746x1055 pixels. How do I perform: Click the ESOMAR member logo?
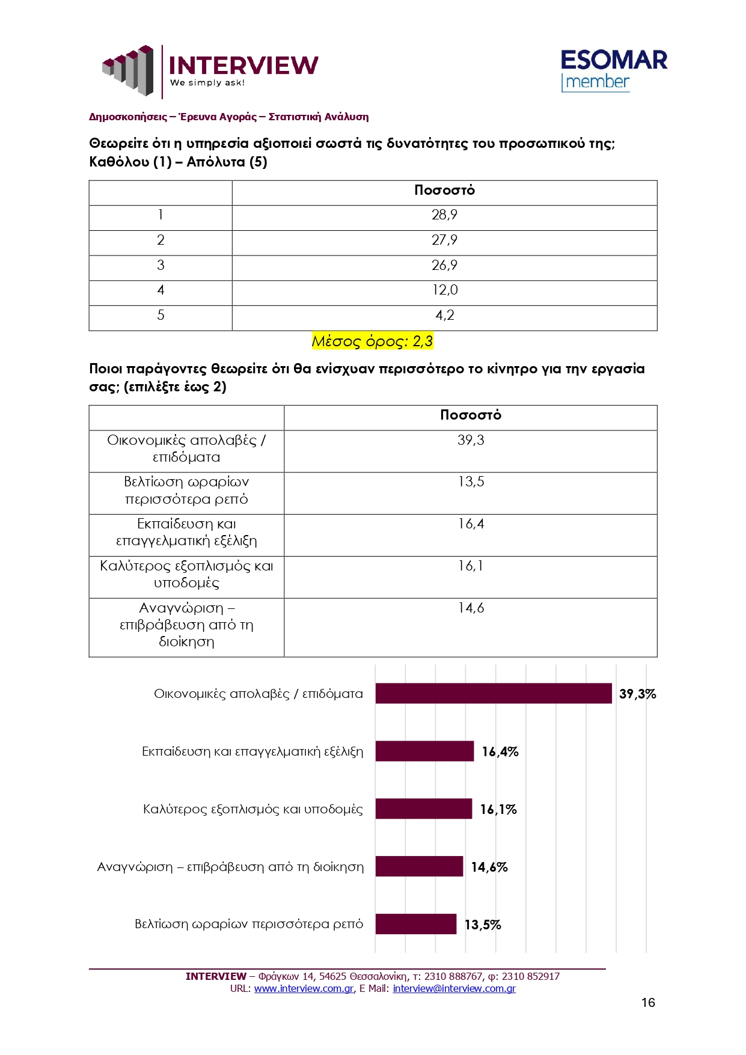pos(613,70)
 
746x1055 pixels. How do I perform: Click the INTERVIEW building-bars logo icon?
pos(128,70)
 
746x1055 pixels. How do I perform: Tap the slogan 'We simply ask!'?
pos(207,83)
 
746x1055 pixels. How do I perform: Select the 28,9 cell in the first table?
pos(444,215)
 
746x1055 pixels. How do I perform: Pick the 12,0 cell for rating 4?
pos(444,290)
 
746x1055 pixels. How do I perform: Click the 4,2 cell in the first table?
pos(444,316)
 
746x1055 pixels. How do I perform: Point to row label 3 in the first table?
pos(161,265)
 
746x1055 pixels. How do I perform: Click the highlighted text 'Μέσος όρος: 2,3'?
pos(372,341)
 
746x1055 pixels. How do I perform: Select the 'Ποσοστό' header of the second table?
pos(470,415)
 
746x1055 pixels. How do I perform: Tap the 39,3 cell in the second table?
pos(470,441)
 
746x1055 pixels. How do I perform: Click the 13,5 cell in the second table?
pos(470,482)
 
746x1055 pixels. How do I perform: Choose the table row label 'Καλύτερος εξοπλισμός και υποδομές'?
pos(186,574)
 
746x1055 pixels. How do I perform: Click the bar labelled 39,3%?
pos(493,693)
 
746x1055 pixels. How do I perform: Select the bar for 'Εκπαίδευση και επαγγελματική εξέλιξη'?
pos(424,751)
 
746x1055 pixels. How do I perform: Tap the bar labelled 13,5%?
pos(415,924)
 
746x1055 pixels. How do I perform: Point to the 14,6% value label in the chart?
pos(489,867)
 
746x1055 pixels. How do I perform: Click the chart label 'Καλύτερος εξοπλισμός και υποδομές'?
pos(252,809)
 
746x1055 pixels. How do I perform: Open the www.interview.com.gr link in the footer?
pos(304,988)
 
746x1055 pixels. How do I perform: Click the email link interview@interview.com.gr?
pos(454,988)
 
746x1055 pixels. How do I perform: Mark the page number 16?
pos(647,1002)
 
